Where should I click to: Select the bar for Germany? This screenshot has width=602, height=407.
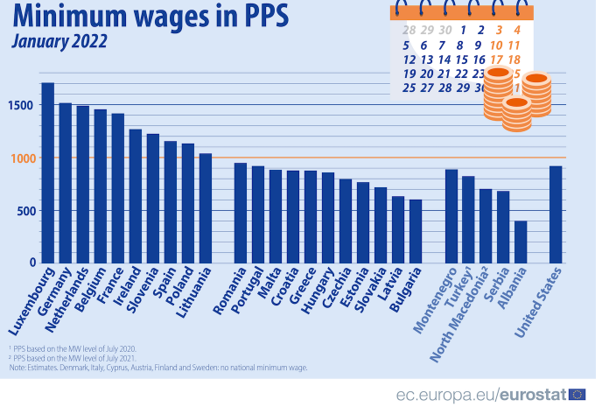tap(66, 183)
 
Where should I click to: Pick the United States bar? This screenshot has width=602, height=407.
tap(556, 214)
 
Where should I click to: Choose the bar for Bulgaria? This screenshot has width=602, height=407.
tap(416, 231)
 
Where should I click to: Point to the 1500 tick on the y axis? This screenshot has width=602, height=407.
tap(20, 105)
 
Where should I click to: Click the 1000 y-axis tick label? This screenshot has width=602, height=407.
tap(20, 158)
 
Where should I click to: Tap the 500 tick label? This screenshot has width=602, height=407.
tap(24, 210)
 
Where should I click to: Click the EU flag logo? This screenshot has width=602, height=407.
tap(577, 394)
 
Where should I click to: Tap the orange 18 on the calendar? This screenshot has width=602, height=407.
tap(514, 59)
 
